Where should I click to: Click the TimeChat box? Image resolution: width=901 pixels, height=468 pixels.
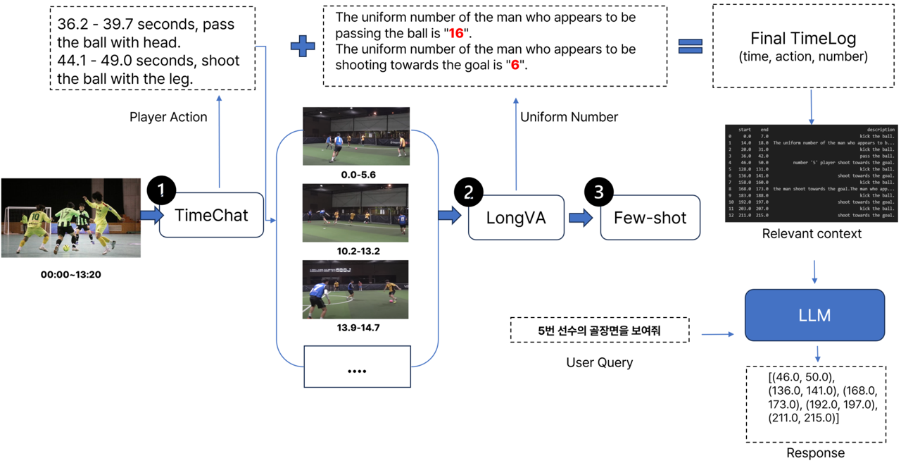click(x=212, y=215)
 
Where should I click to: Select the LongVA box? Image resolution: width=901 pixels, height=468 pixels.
click(x=516, y=218)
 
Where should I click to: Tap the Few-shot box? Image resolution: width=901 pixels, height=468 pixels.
click(x=650, y=218)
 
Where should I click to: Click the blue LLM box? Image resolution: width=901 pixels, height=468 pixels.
click(x=814, y=315)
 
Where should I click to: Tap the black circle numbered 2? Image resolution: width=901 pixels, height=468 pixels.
click(x=469, y=192)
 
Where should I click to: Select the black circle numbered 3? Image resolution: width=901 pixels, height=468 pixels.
click(x=599, y=192)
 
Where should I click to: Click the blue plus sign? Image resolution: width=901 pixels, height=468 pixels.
click(x=303, y=46)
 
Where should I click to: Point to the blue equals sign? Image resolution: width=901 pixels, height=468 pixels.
click(x=690, y=46)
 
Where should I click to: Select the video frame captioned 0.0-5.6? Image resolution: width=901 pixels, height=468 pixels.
click(x=355, y=136)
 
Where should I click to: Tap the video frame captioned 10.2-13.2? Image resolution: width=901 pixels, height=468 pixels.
click(x=355, y=213)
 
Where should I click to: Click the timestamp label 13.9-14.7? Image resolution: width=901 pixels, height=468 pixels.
click(x=355, y=328)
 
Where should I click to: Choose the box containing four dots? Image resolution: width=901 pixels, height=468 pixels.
click(x=357, y=367)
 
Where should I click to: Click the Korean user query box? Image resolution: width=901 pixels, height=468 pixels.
click(x=599, y=330)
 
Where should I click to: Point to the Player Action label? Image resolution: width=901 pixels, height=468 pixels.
click(x=168, y=117)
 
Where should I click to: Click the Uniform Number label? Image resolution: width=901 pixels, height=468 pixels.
click(x=569, y=117)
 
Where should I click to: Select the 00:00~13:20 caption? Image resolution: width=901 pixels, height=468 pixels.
click(x=70, y=274)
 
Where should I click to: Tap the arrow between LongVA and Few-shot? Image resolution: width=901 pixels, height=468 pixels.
click(x=581, y=218)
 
